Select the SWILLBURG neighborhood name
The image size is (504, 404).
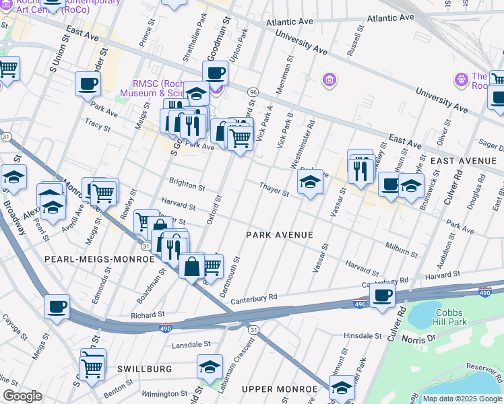pyautogui.click(x=145, y=369)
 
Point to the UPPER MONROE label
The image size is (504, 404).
pyautogui.click(x=280, y=389)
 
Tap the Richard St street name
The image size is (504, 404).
pyautogui.click(x=148, y=314)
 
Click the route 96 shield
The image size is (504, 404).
pyautogui.click(x=252, y=92)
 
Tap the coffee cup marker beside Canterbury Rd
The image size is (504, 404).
pyautogui.click(x=382, y=296)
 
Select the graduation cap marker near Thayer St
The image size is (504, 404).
pyautogui.click(x=310, y=182)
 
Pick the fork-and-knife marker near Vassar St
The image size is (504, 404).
pyautogui.click(x=362, y=170)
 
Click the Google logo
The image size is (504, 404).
pyautogui.click(x=22, y=396)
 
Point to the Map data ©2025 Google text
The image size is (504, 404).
pyautogui.click(x=462, y=399)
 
